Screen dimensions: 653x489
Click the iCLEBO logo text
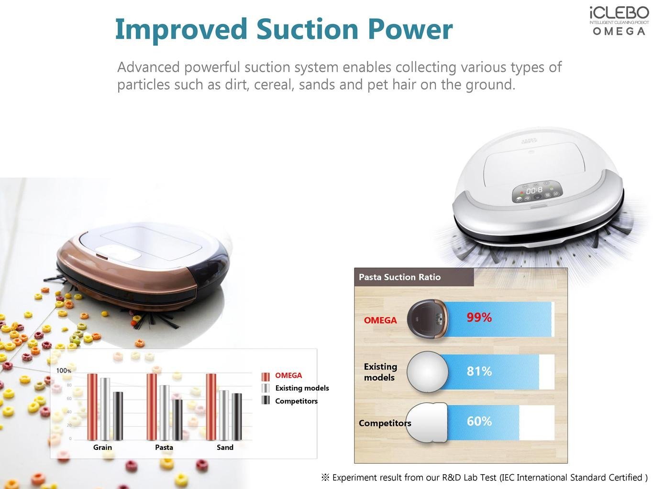pos(619,13)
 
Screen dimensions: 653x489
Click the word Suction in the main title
pos(307,29)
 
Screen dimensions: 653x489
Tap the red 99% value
pos(479,318)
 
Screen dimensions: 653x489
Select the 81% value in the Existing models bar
pos(479,371)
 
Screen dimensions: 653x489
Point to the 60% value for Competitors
pos(479,421)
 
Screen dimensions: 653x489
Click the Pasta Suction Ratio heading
pos(399,277)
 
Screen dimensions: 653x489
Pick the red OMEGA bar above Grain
pos(92,407)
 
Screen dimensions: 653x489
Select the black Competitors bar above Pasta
pos(177,420)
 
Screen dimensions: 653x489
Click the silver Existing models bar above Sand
pos(224,415)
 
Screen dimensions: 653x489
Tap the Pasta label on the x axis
pos(164,447)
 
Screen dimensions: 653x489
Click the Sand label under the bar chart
pos(225,447)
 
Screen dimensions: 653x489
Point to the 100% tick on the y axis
pos(64,371)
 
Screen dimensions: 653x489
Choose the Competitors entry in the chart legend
pos(296,401)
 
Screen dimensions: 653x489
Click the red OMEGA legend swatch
pos(266,376)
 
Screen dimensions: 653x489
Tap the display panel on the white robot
pos(537,191)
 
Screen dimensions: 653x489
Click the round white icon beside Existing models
pos(428,372)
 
